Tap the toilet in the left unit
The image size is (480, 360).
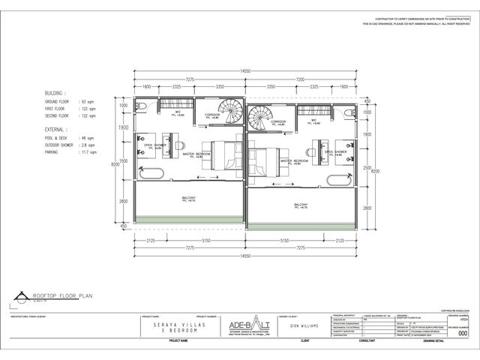[x=142, y=106]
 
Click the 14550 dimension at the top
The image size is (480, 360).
[x=245, y=70]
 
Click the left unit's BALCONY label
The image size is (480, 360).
[x=189, y=199]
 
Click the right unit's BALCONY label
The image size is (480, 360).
[x=301, y=205]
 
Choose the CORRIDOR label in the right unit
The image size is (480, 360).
[x=279, y=121]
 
